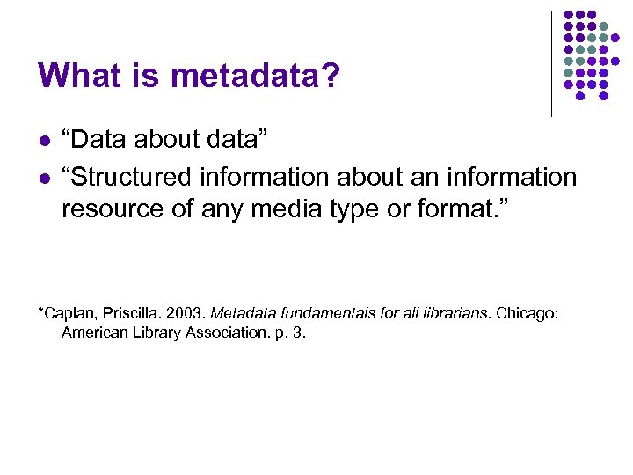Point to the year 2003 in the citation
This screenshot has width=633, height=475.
[187, 312]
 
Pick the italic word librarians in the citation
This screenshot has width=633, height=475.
[454, 312]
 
